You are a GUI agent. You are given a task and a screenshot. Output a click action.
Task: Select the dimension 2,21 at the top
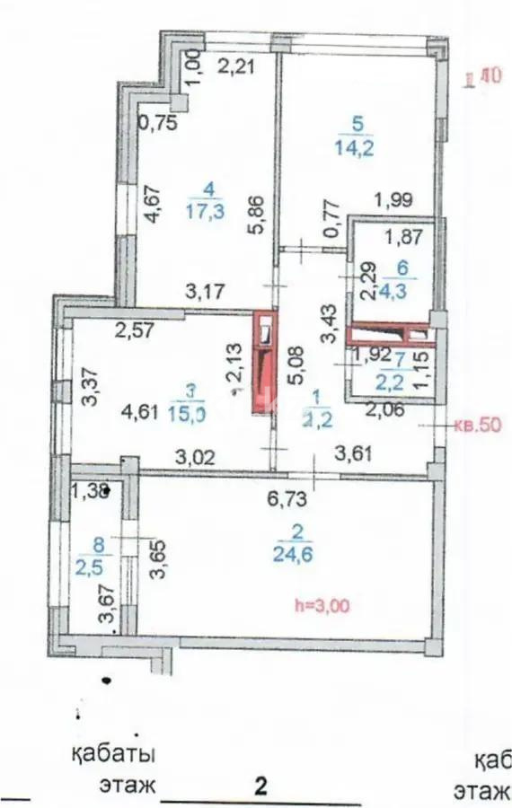click(x=237, y=66)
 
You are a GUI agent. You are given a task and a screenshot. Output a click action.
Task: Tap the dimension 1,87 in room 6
click(x=402, y=238)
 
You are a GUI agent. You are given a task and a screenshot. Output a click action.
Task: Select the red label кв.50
click(x=476, y=426)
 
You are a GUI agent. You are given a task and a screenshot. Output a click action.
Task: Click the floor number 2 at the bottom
click(x=261, y=786)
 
